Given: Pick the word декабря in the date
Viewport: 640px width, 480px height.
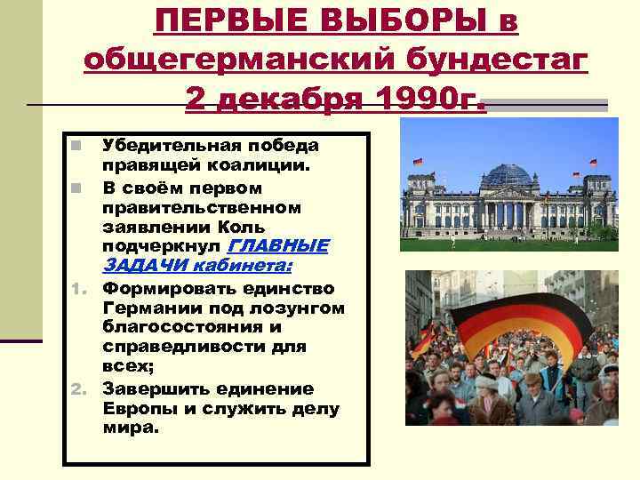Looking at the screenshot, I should point(286,99).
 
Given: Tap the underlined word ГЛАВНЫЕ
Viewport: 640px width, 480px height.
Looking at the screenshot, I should point(278,245).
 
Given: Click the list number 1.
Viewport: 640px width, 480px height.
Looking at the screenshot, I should point(78,290).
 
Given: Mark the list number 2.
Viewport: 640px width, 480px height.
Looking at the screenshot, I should point(78,389).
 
